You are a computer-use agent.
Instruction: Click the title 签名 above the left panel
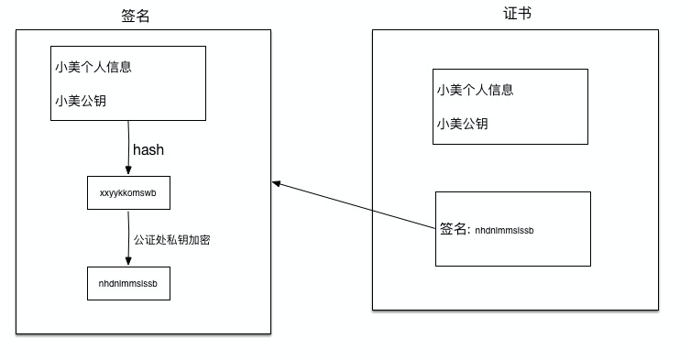(x=135, y=16)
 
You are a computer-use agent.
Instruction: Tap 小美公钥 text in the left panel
(x=81, y=101)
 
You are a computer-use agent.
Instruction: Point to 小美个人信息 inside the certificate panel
(x=475, y=90)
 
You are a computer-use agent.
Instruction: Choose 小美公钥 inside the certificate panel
(x=462, y=124)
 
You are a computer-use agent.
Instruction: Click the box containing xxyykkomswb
(x=128, y=194)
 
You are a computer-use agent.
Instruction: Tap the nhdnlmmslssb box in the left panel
(x=128, y=284)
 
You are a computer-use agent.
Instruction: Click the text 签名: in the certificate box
(x=455, y=229)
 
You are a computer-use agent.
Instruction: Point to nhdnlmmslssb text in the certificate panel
(x=504, y=230)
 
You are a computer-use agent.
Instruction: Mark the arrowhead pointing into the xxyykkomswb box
(x=128, y=172)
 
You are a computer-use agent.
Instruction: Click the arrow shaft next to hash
(x=128, y=147)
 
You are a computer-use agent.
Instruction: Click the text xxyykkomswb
(x=128, y=194)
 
